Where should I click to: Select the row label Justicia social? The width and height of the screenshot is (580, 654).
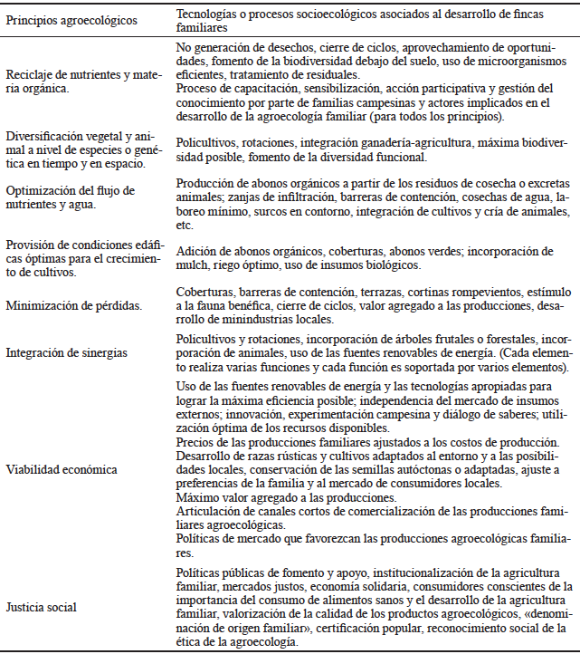pos(41,606)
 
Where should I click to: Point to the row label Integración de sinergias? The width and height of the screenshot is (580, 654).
pos(66,351)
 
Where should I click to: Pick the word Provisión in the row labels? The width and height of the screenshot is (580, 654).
pos(30,245)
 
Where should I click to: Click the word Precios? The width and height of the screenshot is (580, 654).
pos(195,441)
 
